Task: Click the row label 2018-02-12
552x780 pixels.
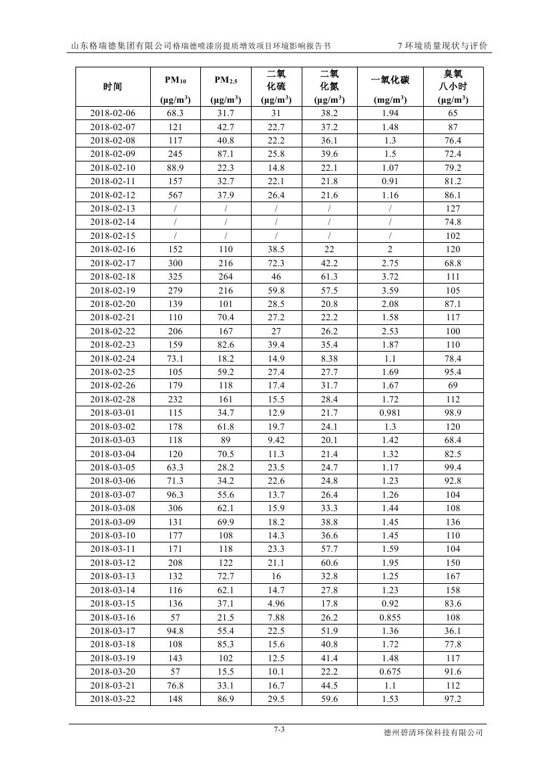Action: click(112, 195)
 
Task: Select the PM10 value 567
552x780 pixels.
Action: click(175, 195)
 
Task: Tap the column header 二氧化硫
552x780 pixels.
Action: click(276, 86)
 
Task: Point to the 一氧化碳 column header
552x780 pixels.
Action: click(390, 81)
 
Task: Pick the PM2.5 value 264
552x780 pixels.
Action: click(226, 277)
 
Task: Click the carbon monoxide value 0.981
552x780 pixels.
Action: click(390, 413)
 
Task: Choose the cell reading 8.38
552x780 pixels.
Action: click(329, 358)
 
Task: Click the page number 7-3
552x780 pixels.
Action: click(279, 729)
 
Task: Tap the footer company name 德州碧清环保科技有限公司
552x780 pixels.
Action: click(433, 733)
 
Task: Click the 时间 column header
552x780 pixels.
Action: click(112, 87)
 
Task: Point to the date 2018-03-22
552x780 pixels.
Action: click(112, 699)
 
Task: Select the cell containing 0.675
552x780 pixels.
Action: click(390, 671)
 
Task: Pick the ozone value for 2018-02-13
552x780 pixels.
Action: click(453, 208)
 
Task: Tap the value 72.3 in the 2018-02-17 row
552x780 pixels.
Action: click(276, 263)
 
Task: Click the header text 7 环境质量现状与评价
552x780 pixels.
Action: click(442, 46)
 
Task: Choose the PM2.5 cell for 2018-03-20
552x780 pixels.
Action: click(226, 671)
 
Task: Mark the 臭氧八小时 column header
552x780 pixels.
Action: click(453, 86)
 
